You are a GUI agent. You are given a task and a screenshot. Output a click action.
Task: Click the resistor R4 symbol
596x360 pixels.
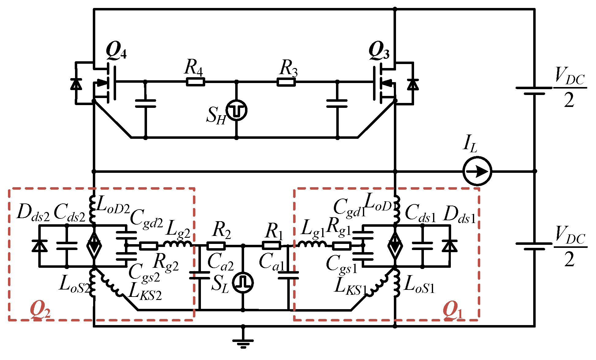(195, 82)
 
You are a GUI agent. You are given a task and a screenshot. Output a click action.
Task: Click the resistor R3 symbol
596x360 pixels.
(286, 82)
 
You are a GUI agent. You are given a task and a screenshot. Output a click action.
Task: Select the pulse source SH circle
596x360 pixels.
(236, 110)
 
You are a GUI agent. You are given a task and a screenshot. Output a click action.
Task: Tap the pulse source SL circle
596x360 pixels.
(243, 282)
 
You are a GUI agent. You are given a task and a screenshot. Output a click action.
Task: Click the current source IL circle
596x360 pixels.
(477, 171)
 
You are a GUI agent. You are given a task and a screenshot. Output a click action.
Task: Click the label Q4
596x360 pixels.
(116, 51)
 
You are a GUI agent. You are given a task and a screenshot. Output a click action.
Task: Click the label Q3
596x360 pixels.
(379, 51)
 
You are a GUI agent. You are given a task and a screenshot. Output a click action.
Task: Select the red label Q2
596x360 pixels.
(40, 310)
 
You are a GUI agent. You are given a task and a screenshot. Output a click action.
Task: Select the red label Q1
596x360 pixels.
(453, 310)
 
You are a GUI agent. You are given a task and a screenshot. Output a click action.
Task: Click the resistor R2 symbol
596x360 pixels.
(216, 246)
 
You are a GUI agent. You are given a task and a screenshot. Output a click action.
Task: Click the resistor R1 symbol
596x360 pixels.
(271, 246)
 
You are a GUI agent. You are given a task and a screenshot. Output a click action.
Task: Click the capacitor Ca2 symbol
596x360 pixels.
(200, 275)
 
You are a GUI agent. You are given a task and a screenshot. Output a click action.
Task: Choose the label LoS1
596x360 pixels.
(419, 285)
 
